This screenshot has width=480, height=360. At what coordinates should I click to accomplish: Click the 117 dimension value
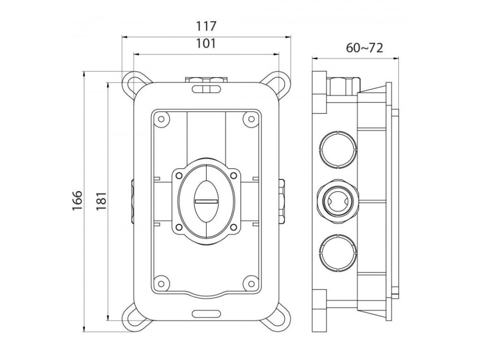tap(206, 26)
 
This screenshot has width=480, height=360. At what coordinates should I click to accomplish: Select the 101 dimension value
tap(206, 44)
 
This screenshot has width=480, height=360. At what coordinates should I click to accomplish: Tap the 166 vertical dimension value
tap(77, 201)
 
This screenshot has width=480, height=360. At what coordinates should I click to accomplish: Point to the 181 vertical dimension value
tap(101, 201)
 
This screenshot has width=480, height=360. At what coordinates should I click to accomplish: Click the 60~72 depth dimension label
tap(364, 48)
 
